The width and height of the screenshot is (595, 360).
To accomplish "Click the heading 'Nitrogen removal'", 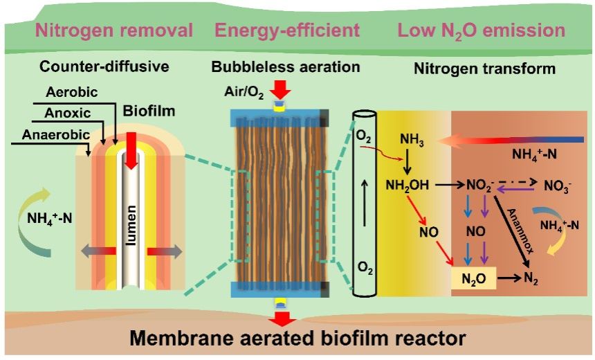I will (x=115, y=30).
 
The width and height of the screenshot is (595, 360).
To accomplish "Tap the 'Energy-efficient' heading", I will (x=287, y=30).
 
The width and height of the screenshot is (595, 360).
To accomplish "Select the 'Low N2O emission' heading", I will (x=482, y=30).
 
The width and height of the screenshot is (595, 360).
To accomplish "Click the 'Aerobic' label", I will (x=72, y=92).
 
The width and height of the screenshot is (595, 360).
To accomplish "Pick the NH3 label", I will (x=412, y=140).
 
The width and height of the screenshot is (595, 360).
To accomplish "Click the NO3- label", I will (x=557, y=186).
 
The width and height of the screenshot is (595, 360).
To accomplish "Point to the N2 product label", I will (x=531, y=280).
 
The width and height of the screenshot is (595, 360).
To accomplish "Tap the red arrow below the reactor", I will (x=280, y=319).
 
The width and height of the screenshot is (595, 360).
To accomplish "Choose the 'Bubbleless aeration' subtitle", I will (x=286, y=67).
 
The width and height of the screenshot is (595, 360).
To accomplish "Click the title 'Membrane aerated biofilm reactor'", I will (x=286, y=340).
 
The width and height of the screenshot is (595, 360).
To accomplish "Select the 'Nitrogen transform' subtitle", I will (x=484, y=69).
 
